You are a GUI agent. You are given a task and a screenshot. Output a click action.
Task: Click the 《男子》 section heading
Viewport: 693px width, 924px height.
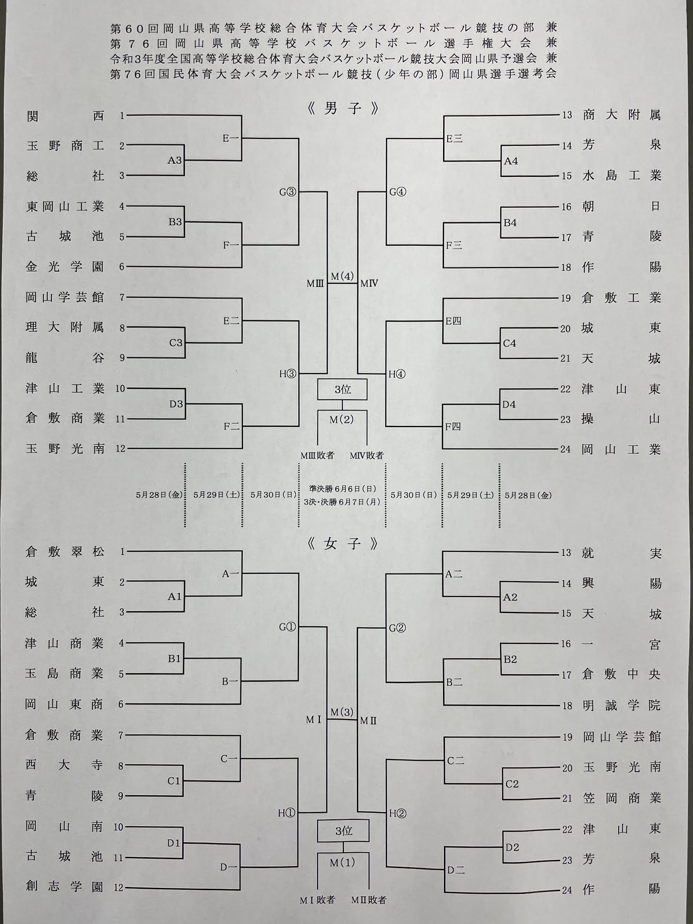[x=342, y=109]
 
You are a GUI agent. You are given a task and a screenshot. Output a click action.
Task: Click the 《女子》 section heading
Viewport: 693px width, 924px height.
[x=342, y=544]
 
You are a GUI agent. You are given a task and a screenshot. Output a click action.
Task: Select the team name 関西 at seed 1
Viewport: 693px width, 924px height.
[x=65, y=116]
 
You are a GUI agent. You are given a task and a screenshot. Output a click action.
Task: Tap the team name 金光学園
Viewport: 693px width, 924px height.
[x=65, y=267]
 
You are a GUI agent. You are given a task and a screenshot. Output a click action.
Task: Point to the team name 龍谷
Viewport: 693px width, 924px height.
[x=65, y=358]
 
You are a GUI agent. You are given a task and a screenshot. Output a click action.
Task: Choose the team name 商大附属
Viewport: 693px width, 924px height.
[x=621, y=115]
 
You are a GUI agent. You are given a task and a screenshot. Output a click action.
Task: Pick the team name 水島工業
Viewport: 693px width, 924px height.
[x=621, y=176]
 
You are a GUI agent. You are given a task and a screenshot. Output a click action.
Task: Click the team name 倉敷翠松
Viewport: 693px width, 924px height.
[x=65, y=551]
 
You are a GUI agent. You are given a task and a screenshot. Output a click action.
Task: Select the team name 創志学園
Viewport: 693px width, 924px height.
[x=65, y=887]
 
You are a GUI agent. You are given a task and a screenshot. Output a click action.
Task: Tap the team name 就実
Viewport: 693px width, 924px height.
[x=621, y=553]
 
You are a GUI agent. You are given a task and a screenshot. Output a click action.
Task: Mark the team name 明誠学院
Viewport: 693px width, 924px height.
[x=621, y=705]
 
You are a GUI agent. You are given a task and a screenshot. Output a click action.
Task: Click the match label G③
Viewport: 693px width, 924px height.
[x=287, y=192]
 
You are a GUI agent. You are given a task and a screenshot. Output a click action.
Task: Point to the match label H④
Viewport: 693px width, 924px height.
[x=397, y=374]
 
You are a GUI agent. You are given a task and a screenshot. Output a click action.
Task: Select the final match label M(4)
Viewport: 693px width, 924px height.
[x=342, y=276]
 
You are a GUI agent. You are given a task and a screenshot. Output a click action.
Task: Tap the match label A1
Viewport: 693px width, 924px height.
[x=175, y=596]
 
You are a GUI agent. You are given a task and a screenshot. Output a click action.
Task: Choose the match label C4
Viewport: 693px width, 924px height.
[x=509, y=343]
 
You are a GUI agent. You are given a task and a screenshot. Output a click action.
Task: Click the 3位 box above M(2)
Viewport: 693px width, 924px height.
[x=342, y=389]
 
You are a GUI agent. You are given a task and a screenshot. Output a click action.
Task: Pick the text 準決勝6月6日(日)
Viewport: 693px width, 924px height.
[x=342, y=489]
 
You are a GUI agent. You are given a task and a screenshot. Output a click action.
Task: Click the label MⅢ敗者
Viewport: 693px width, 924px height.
[x=318, y=455]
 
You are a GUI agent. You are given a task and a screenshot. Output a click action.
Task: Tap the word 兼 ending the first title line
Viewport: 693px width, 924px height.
[x=551, y=28]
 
